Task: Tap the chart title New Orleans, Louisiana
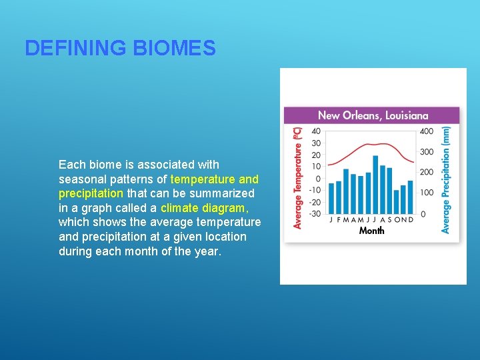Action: (x=373, y=115)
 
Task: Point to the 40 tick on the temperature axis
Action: (x=315, y=131)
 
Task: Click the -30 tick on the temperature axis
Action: (x=315, y=213)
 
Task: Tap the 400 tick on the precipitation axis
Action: (x=427, y=131)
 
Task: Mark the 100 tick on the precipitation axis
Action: (x=427, y=193)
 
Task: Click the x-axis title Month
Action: (x=371, y=231)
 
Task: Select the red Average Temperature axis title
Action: (x=298, y=178)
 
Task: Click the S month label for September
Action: (x=389, y=219)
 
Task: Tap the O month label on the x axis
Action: (x=397, y=219)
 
